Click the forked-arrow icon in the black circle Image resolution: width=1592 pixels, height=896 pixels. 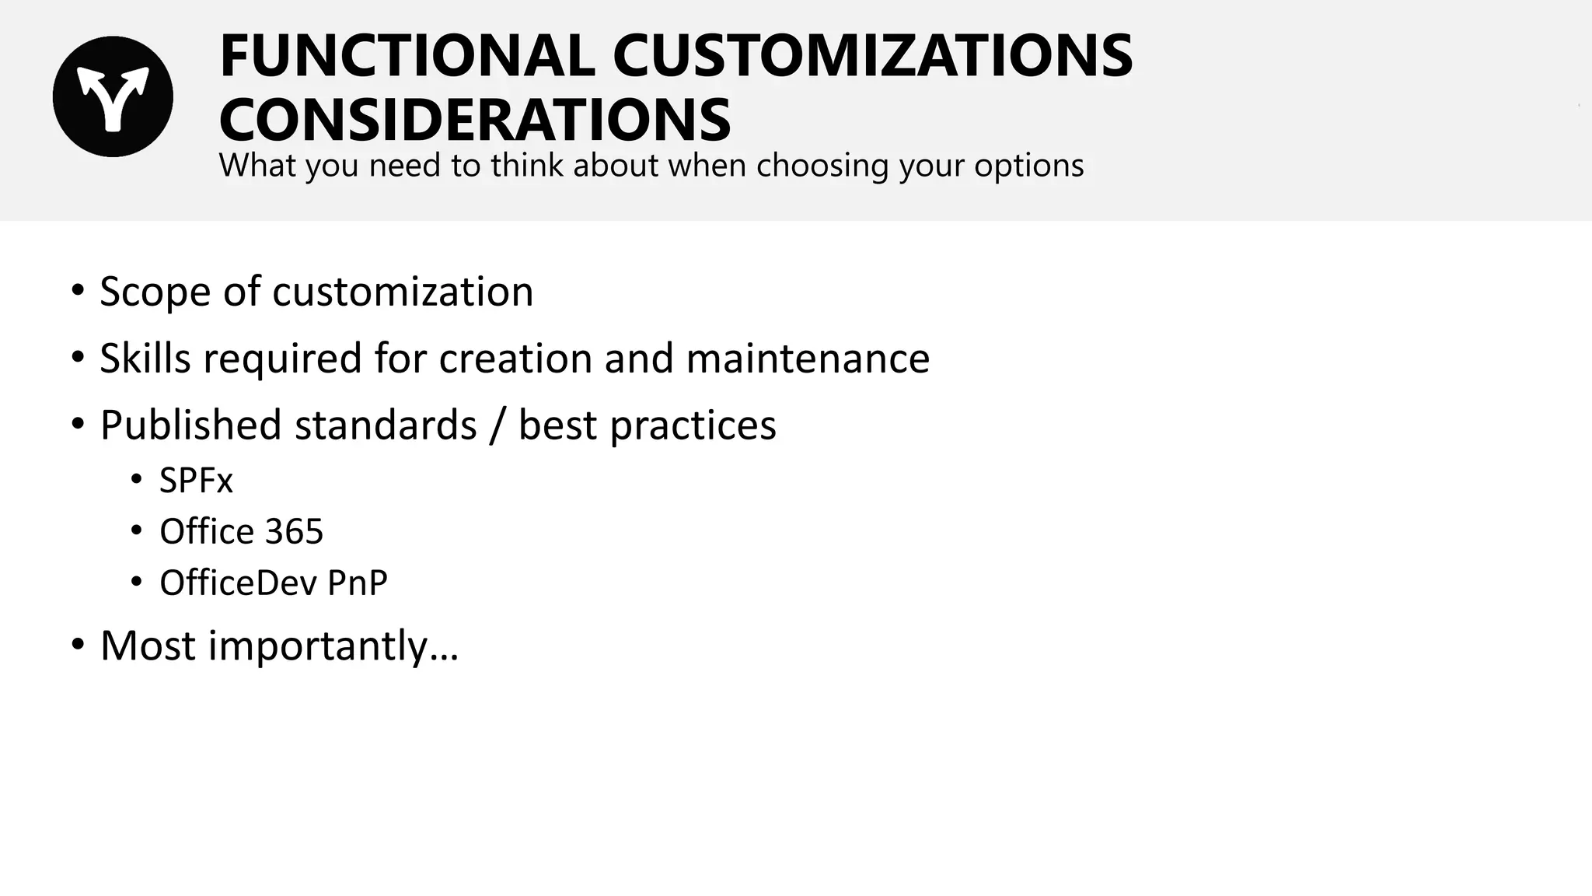click(113, 96)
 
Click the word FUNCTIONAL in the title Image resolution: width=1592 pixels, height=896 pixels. click(407, 56)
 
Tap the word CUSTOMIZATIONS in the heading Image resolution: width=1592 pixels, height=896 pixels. click(872, 56)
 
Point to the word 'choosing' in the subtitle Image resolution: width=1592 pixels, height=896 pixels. click(822, 166)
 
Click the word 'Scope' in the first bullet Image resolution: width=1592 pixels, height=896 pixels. click(155, 292)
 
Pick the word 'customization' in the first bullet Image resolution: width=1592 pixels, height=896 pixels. click(403, 292)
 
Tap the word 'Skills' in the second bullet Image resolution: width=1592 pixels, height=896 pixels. click(145, 359)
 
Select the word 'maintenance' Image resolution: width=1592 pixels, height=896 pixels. click(808, 359)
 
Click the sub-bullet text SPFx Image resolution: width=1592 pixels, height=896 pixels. click(196, 481)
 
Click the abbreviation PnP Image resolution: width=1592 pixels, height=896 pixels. click(357, 583)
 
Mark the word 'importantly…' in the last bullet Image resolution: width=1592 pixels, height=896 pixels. click(333, 646)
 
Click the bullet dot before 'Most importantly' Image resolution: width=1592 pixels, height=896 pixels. click(77, 644)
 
